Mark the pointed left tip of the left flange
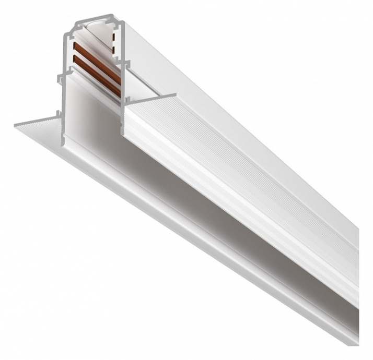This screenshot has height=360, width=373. point(16,125)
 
